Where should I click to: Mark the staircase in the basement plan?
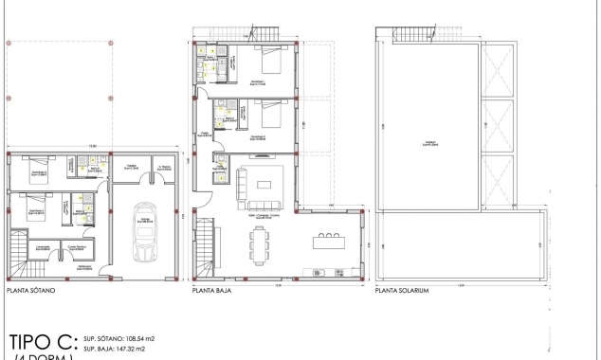[21, 265]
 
